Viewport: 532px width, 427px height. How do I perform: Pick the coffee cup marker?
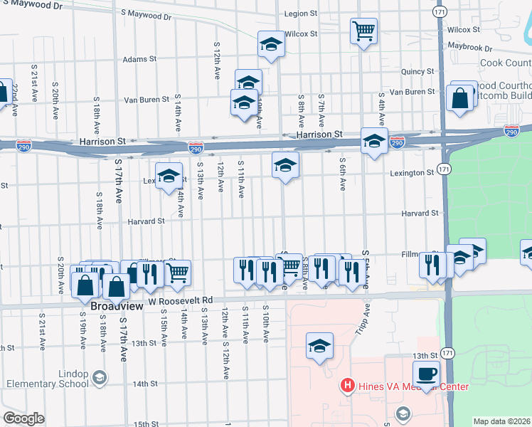(426, 373)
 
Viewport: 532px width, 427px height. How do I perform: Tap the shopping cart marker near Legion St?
(363, 31)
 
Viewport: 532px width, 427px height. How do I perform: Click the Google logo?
(23, 418)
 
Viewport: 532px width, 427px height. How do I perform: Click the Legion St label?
(299, 14)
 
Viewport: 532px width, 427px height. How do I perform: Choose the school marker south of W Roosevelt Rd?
(320, 347)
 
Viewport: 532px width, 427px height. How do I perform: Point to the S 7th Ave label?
(321, 107)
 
